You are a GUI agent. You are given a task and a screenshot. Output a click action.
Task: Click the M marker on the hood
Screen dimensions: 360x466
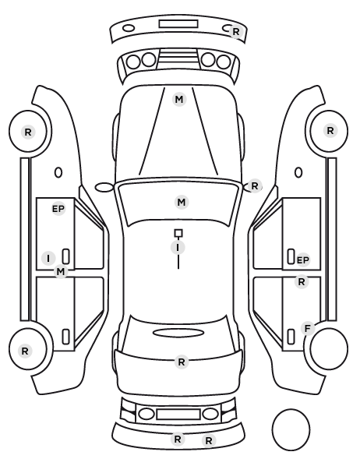[x=179, y=100]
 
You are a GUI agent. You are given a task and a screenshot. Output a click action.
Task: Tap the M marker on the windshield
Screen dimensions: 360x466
[x=182, y=203]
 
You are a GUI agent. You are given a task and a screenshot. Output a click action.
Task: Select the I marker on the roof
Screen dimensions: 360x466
[x=178, y=248]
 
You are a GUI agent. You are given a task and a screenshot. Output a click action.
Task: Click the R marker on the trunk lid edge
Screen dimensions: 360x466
[x=182, y=362]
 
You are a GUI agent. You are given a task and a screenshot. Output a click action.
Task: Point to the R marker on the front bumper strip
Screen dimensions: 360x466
[x=236, y=31]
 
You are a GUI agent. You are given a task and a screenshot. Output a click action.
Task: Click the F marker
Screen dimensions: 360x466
[x=308, y=328]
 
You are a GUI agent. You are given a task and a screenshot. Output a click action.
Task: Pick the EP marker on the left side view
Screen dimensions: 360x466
[x=58, y=209]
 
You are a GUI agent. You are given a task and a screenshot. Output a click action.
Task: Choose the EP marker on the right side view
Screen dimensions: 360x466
[x=302, y=260]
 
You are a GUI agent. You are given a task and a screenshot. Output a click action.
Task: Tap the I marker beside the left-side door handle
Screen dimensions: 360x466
[x=48, y=259]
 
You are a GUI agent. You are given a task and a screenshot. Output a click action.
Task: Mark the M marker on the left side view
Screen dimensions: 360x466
[x=60, y=272]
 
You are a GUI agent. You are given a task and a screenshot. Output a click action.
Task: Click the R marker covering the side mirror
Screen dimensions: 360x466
[x=255, y=186]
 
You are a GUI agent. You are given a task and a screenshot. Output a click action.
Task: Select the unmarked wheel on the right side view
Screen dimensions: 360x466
[x=329, y=348]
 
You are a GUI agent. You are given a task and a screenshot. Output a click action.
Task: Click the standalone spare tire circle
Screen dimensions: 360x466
[x=291, y=429]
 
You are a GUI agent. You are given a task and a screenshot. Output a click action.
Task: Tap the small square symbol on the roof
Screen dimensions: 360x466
[x=178, y=233]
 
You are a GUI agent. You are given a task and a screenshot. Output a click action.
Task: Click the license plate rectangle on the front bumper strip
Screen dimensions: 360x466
[x=178, y=24]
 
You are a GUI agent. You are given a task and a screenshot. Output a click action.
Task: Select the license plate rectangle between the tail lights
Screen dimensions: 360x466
[x=178, y=415]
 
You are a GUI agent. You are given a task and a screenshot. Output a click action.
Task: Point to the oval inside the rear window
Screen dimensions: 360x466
[x=178, y=333]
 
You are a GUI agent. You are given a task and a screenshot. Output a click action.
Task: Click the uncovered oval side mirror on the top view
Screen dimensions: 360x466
[x=104, y=187]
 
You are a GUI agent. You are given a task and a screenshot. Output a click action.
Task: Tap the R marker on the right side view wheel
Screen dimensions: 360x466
[x=330, y=131]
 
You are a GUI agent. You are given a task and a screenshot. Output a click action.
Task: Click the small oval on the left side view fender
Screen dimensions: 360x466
[x=58, y=172]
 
